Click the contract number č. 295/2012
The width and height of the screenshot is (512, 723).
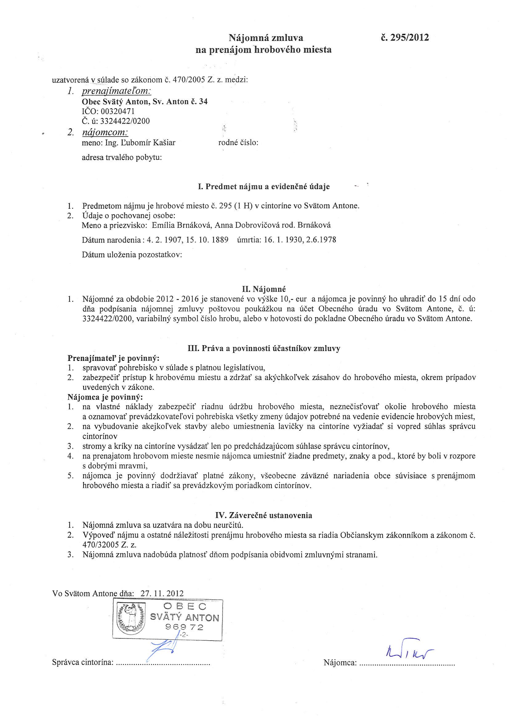click(x=405, y=38)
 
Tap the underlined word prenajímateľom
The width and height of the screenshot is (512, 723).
click(x=116, y=91)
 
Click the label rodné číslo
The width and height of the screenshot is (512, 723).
click(x=238, y=143)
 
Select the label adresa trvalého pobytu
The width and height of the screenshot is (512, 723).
click(x=122, y=157)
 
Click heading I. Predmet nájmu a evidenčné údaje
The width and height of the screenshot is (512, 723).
click(x=264, y=186)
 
